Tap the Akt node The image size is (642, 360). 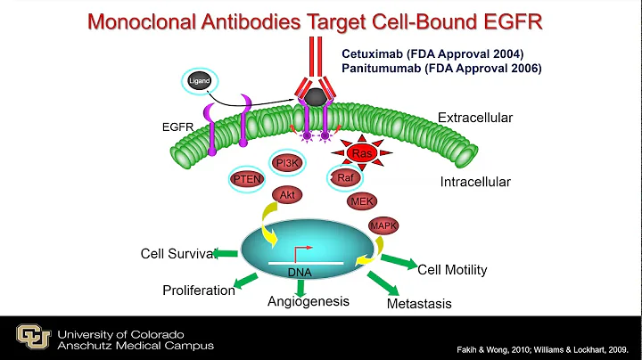[288, 193]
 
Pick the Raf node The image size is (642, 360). [344, 178]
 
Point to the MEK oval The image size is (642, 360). [363, 201]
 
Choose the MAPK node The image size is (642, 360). [384, 226]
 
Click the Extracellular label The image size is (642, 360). [475, 118]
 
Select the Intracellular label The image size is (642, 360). [475, 183]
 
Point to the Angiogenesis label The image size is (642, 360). [307, 302]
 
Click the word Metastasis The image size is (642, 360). [419, 304]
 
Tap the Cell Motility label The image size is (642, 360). [452, 269]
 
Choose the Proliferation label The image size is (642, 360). [199, 290]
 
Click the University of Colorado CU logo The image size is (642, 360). [33, 336]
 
